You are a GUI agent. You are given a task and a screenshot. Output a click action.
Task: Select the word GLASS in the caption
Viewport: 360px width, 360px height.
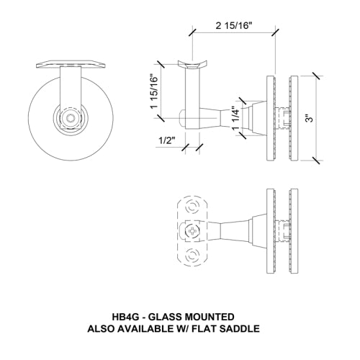point(171,316)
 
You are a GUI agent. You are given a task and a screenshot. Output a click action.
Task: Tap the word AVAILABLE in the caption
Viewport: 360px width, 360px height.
point(155,328)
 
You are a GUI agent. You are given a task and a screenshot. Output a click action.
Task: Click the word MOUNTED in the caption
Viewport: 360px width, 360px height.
point(212,316)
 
